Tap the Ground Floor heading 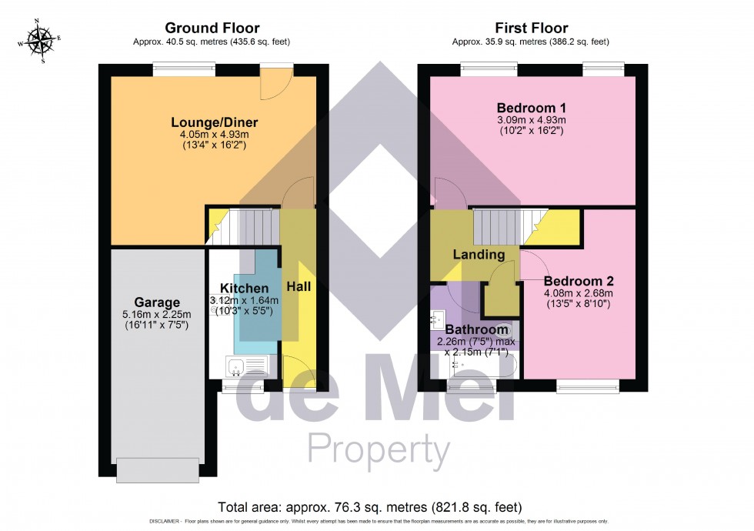click(212, 28)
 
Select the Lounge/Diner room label click(214, 122)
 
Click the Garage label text click(157, 302)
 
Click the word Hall click(299, 286)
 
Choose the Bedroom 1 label click(531, 107)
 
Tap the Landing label click(478, 255)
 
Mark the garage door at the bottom click(157, 469)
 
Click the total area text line click(370, 507)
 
